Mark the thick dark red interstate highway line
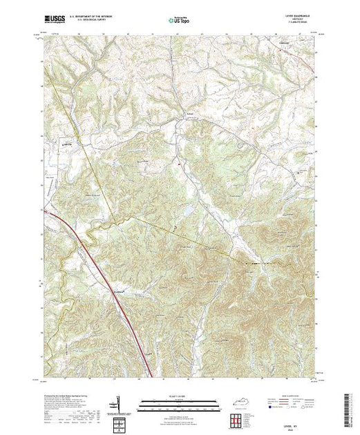104,262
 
